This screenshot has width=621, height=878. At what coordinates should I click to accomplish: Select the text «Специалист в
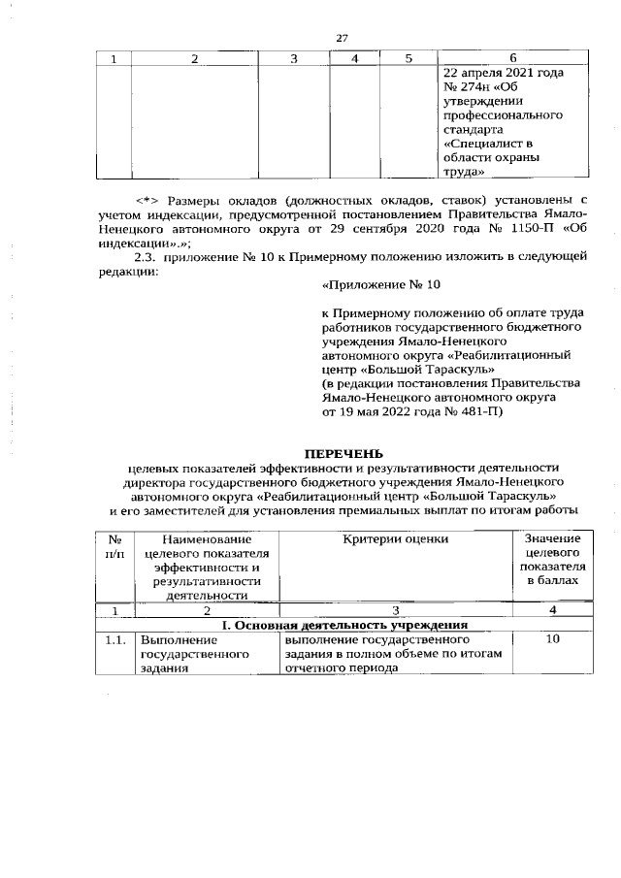click(x=481, y=143)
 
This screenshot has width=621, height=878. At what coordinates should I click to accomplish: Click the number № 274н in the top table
click(x=469, y=87)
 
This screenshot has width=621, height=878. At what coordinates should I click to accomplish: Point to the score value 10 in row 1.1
click(x=552, y=640)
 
